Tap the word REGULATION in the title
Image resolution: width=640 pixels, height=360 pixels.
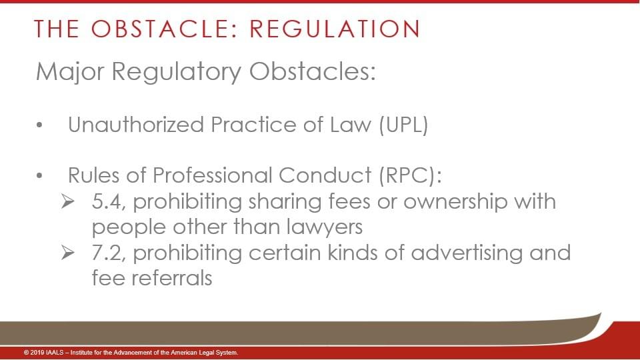[x=335, y=29]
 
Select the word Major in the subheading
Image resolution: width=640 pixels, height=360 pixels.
[x=70, y=72]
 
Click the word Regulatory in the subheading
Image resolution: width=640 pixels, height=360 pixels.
[x=176, y=72]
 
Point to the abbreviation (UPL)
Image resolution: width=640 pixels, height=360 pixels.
[x=403, y=125]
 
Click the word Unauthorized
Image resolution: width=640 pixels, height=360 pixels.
[x=136, y=124]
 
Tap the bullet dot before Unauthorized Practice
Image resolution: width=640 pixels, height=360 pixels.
[x=39, y=125]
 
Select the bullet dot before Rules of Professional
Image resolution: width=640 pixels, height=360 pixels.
[x=39, y=176]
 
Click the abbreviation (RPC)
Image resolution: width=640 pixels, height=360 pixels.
[x=410, y=175]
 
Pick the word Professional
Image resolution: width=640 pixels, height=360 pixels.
[x=212, y=175]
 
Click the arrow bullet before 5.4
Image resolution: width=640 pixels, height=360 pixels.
[x=68, y=201]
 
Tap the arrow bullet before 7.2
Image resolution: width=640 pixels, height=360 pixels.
[x=68, y=253]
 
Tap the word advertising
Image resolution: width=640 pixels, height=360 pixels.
[x=467, y=253]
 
